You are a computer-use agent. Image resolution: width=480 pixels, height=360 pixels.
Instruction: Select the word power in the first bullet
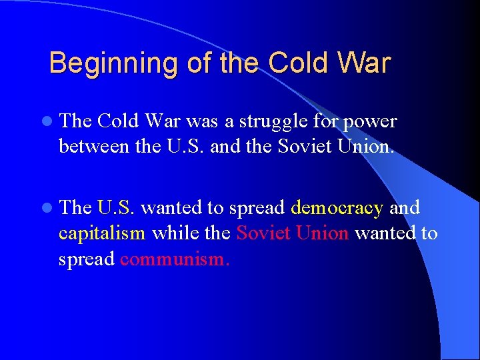pyautogui.click(x=370, y=121)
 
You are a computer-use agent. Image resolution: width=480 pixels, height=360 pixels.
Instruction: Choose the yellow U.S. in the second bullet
pyautogui.click(x=117, y=208)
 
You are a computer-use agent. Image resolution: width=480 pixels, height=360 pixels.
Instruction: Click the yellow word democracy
pyautogui.click(x=337, y=208)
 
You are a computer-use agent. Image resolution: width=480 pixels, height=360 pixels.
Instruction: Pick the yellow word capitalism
pyautogui.click(x=102, y=233)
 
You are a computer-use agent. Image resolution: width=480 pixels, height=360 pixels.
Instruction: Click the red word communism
pyautogui.click(x=175, y=259)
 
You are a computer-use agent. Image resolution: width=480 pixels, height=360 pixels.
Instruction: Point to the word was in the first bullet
pyautogui.click(x=199, y=121)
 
